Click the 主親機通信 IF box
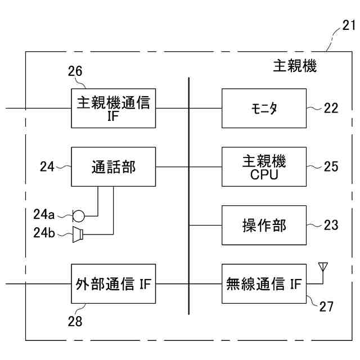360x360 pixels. [114, 108]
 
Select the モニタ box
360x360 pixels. [264, 108]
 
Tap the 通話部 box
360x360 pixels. [114, 166]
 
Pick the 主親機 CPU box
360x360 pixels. [264, 166]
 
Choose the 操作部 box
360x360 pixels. [264, 225]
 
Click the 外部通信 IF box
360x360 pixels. [114, 283]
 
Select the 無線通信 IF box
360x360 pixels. [264, 283]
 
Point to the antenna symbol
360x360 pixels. [323, 266]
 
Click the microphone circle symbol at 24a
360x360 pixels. [79, 215]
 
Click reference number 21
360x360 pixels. [349, 25]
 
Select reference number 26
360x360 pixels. [75, 71]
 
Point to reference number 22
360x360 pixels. [331, 108]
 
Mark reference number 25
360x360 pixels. [331, 166]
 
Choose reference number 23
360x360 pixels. [331, 225]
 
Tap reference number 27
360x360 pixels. [326, 307]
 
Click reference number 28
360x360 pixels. [75, 321]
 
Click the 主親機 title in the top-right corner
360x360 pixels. [295, 67]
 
